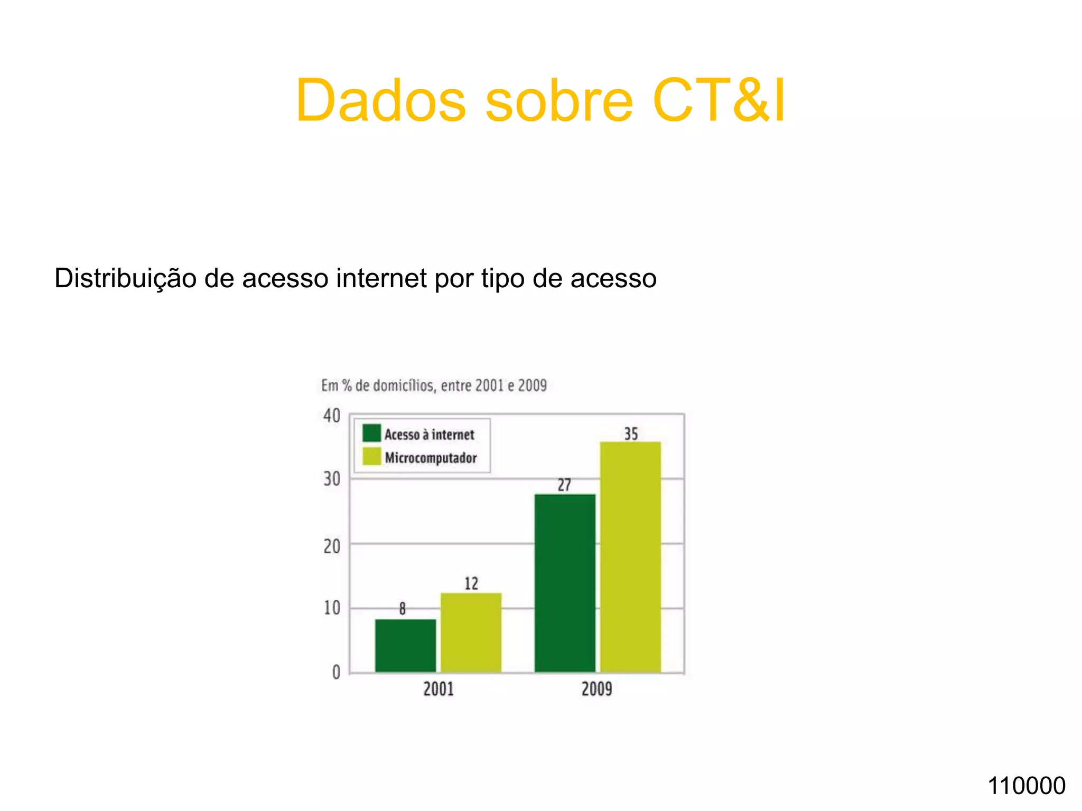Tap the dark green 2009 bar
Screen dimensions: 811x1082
point(565,583)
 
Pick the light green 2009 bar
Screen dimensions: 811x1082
point(630,557)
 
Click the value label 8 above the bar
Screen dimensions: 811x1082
point(403,609)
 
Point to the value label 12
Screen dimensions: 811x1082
point(471,583)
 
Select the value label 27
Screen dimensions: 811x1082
point(564,485)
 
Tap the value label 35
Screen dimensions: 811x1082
point(631,433)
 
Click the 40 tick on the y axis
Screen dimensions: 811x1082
point(332,416)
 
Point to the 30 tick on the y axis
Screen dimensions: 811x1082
point(332,479)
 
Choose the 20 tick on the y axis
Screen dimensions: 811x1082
point(332,546)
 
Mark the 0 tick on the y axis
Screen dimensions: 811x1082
point(336,672)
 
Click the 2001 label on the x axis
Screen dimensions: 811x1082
point(439,689)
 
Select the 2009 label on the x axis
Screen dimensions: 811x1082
point(597,689)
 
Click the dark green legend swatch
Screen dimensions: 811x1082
point(371,433)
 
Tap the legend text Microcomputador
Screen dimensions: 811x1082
point(431,457)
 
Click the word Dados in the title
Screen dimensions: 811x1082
point(380,100)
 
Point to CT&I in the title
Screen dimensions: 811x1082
point(719,100)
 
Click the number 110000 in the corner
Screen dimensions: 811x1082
point(1027,786)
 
